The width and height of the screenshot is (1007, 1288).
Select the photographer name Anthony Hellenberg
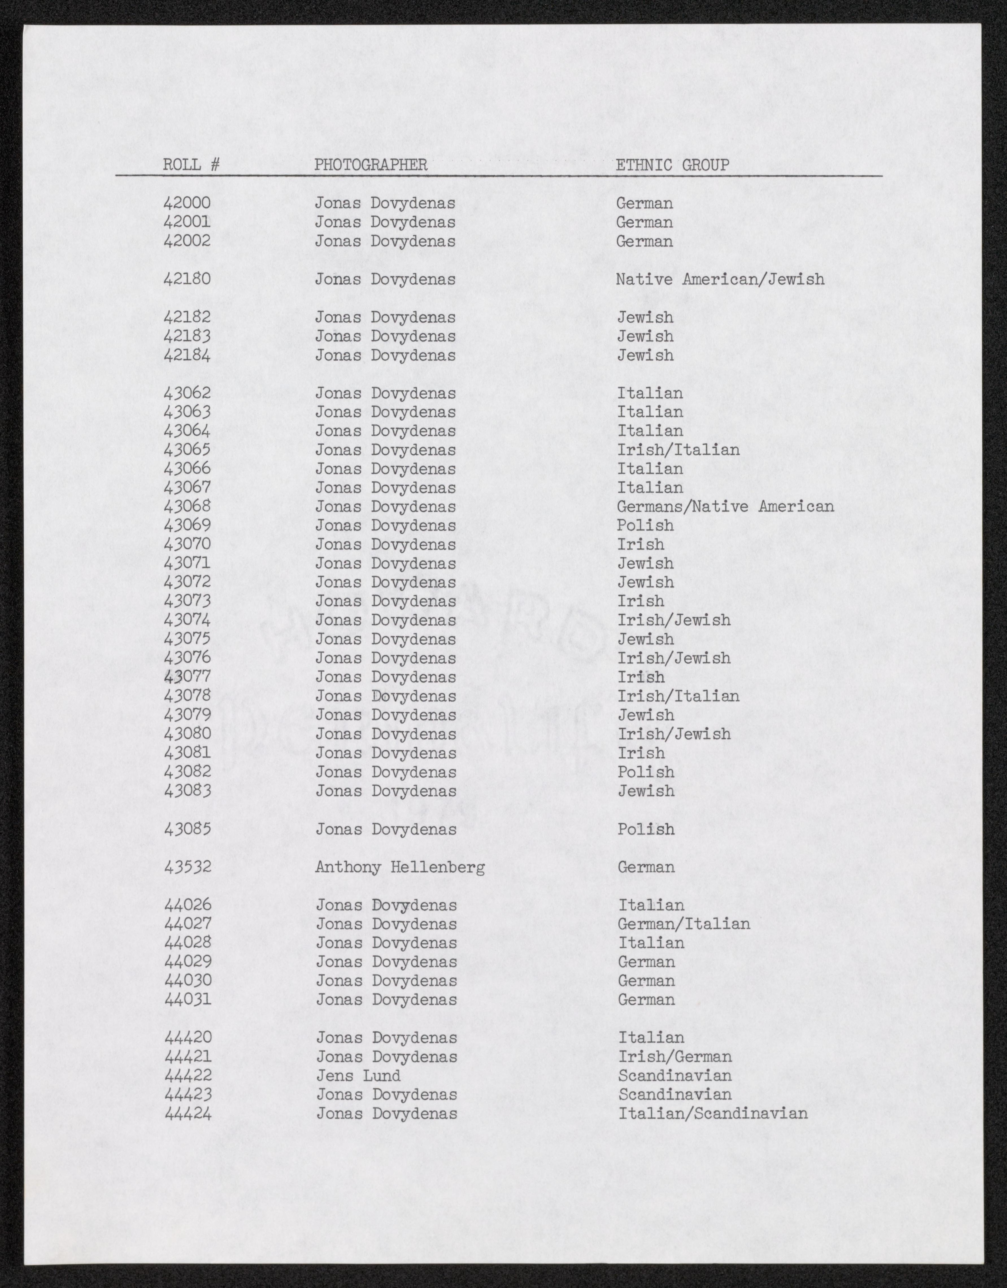pos(400,867)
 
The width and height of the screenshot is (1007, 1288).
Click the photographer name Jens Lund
pos(358,1076)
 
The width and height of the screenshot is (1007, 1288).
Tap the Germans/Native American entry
pos(725,507)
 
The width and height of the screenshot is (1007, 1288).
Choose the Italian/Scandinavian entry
pos(713,1113)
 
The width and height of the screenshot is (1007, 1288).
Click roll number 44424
pos(188,1113)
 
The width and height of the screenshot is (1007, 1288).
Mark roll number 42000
pos(187,203)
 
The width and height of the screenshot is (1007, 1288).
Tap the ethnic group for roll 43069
pos(645,526)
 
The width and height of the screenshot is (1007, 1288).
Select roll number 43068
pos(187,507)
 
